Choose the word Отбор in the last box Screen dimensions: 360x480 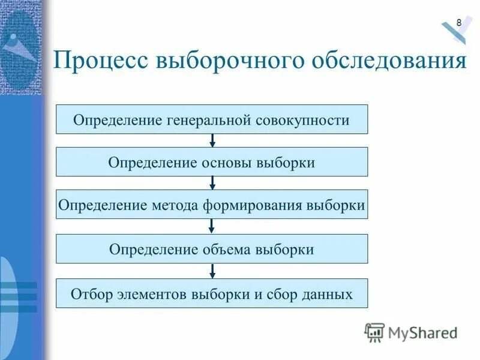89,294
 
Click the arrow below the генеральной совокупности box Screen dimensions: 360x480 212,141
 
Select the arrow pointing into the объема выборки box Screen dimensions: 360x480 212,227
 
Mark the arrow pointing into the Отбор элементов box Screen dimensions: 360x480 212,271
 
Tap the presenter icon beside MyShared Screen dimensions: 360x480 374,332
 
